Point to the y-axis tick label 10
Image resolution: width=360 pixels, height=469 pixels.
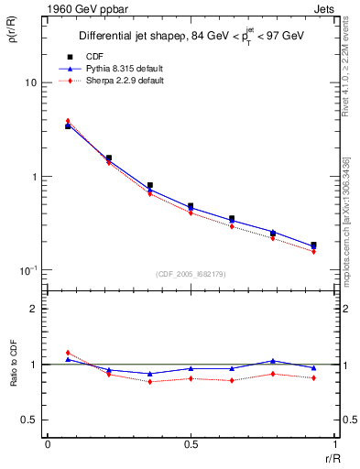[x=29, y=82]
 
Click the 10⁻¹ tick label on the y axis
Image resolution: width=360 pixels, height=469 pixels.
[x=27, y=270]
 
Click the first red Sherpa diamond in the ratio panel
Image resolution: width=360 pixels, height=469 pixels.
[x=68, y=353]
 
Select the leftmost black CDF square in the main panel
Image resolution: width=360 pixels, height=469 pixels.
[x=68, y=126]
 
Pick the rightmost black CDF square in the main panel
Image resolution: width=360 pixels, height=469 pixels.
[x=313, y=245]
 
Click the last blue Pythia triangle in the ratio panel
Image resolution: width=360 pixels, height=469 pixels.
[x=313, y=367]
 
